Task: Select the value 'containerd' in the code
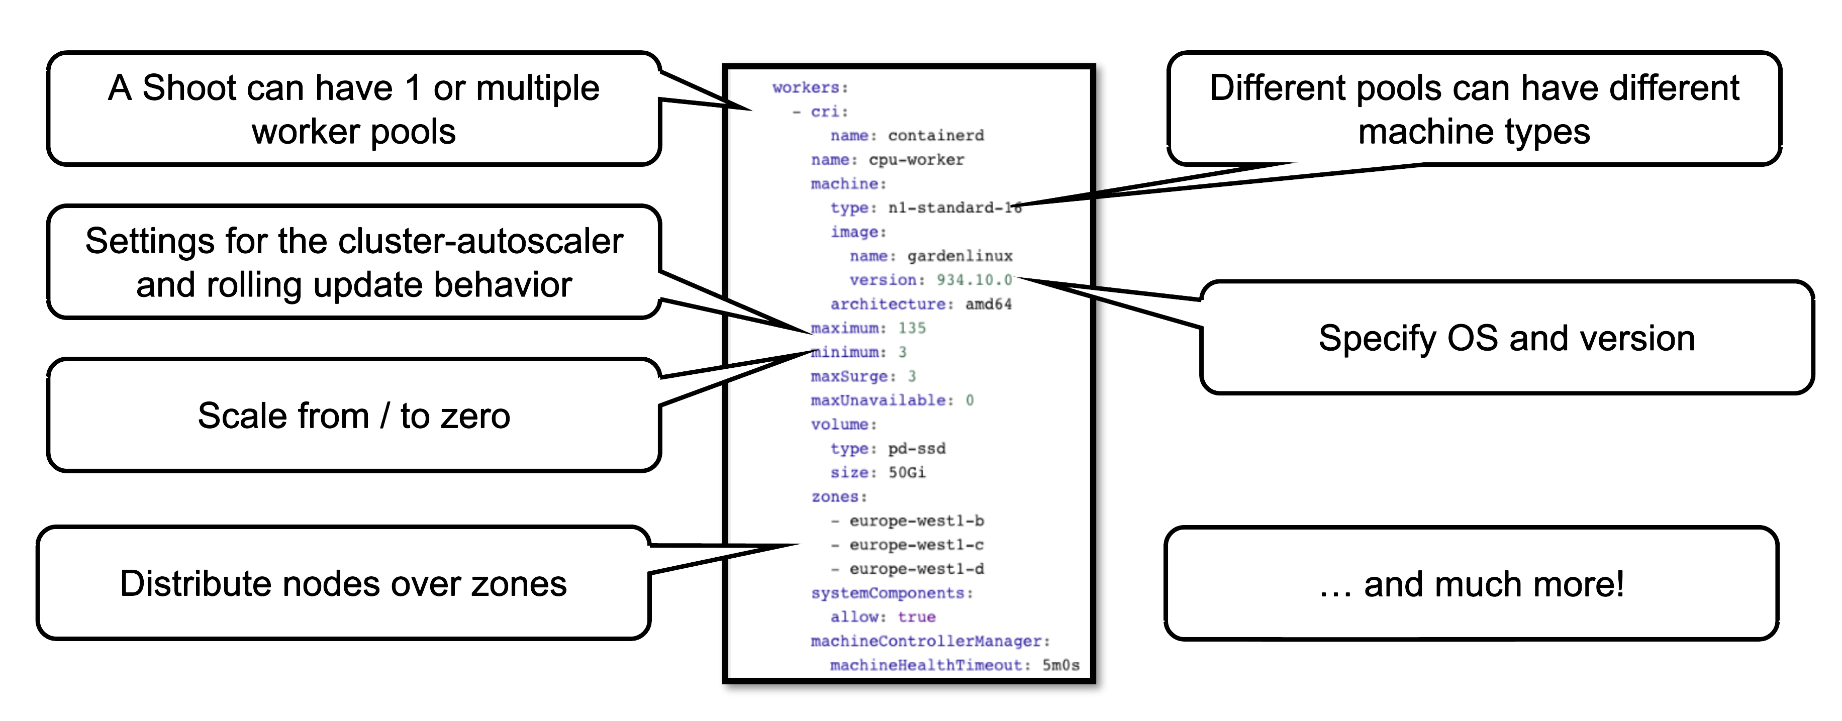[x=935, y=135]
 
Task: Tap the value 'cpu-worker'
[x=916, y=159]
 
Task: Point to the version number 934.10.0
[x=974, y=279]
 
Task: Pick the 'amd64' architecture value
[x=988, y=303]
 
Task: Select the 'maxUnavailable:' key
[x=882, y=399]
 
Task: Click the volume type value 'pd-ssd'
[x=916, y=448]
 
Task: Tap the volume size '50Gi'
[x=907, y=472]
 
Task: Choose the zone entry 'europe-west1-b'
[x=916, y=520]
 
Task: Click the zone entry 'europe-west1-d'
[x=916, y=568]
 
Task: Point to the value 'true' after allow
[x=916, y=616]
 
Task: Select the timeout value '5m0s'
[x=1060, y=665]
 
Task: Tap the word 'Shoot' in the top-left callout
[x=187, y=88]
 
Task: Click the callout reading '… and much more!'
[x=1472, y=584]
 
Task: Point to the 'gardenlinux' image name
[x=959, y=256]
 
